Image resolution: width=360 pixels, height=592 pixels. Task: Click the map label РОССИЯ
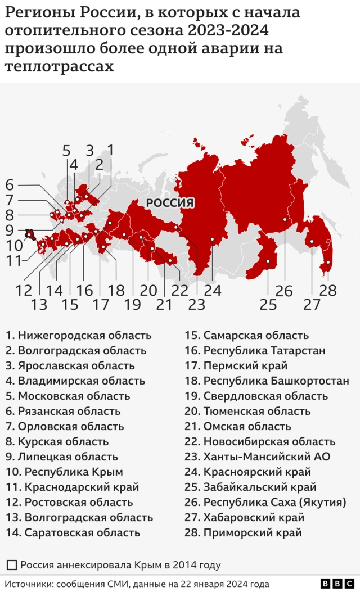170,203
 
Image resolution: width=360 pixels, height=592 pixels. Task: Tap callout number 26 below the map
284,291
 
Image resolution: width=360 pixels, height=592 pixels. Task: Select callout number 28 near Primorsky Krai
328,291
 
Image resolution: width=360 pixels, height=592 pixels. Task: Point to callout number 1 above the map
111,150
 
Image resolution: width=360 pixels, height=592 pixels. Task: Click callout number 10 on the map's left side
15,246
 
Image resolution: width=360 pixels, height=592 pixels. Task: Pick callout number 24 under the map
213,291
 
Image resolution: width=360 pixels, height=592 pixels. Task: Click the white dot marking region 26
285,220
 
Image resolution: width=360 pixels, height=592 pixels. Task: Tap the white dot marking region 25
268,261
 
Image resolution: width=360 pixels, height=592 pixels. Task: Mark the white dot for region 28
328,263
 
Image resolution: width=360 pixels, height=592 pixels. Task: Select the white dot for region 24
213,239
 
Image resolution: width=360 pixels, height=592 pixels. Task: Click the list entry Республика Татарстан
264,350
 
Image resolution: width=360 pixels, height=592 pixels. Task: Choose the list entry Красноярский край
256,472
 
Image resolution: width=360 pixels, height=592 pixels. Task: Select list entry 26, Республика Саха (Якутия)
274,502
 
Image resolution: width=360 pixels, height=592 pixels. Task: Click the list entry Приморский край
252,532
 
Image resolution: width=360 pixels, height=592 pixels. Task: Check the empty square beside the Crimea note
12,565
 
